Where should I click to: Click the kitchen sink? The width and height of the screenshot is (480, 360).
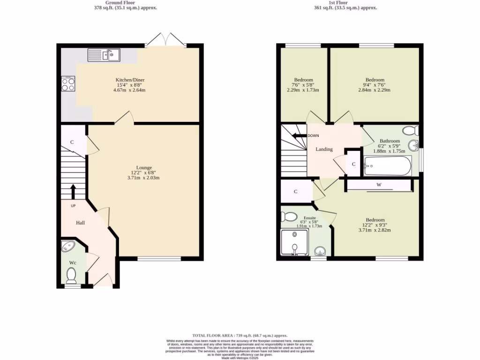pyautogui.click(x=104, y=55)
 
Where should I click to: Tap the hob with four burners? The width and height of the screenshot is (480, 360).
pyautogui.click(x=68, y=84)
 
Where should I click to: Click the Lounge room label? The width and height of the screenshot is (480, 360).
pyautogui.click(x=143, y=167)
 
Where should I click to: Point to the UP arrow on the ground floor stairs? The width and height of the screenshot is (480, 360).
pyautogui.click(x=73, y=191)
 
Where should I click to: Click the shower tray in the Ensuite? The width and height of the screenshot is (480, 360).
pyautogui.click(x=294, y=242)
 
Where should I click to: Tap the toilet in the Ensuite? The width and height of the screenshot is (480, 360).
pyautogui.click(x=288, y=217)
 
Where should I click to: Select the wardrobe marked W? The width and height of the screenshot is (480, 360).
pyautogui.click(x=379, y=185)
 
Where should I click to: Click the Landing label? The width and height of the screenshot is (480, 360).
pyautogui.click(x=324, y=149)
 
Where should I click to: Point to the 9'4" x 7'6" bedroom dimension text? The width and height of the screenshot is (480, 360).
pyautogui.click(x=375, y=85)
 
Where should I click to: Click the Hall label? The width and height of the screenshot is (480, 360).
pyautogui.click(x=81, y=223)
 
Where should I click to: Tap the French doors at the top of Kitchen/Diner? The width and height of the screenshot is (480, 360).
pyautogui.click(x=165, y=40)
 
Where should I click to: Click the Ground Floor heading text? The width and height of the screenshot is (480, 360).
pyautogui.click(x=125, y=2)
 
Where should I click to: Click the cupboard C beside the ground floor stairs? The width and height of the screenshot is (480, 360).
pyautogui.click(x=73, y=142)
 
